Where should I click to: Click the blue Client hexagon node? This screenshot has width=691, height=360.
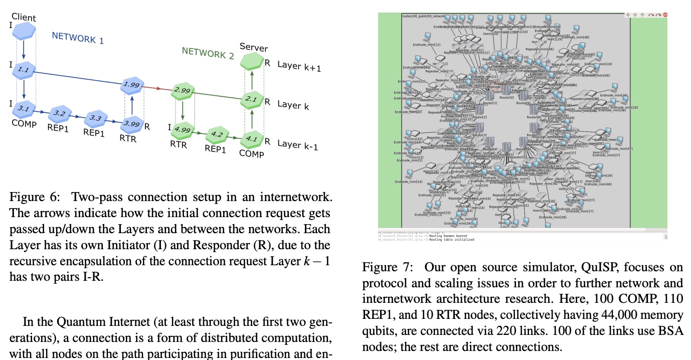25,32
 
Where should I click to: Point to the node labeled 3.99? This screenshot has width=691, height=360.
132,124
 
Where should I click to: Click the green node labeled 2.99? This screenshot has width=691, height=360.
182,91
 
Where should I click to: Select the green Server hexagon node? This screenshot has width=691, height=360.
253,62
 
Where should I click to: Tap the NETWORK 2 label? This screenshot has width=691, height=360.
208,53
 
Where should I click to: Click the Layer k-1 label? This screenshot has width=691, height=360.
298,144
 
